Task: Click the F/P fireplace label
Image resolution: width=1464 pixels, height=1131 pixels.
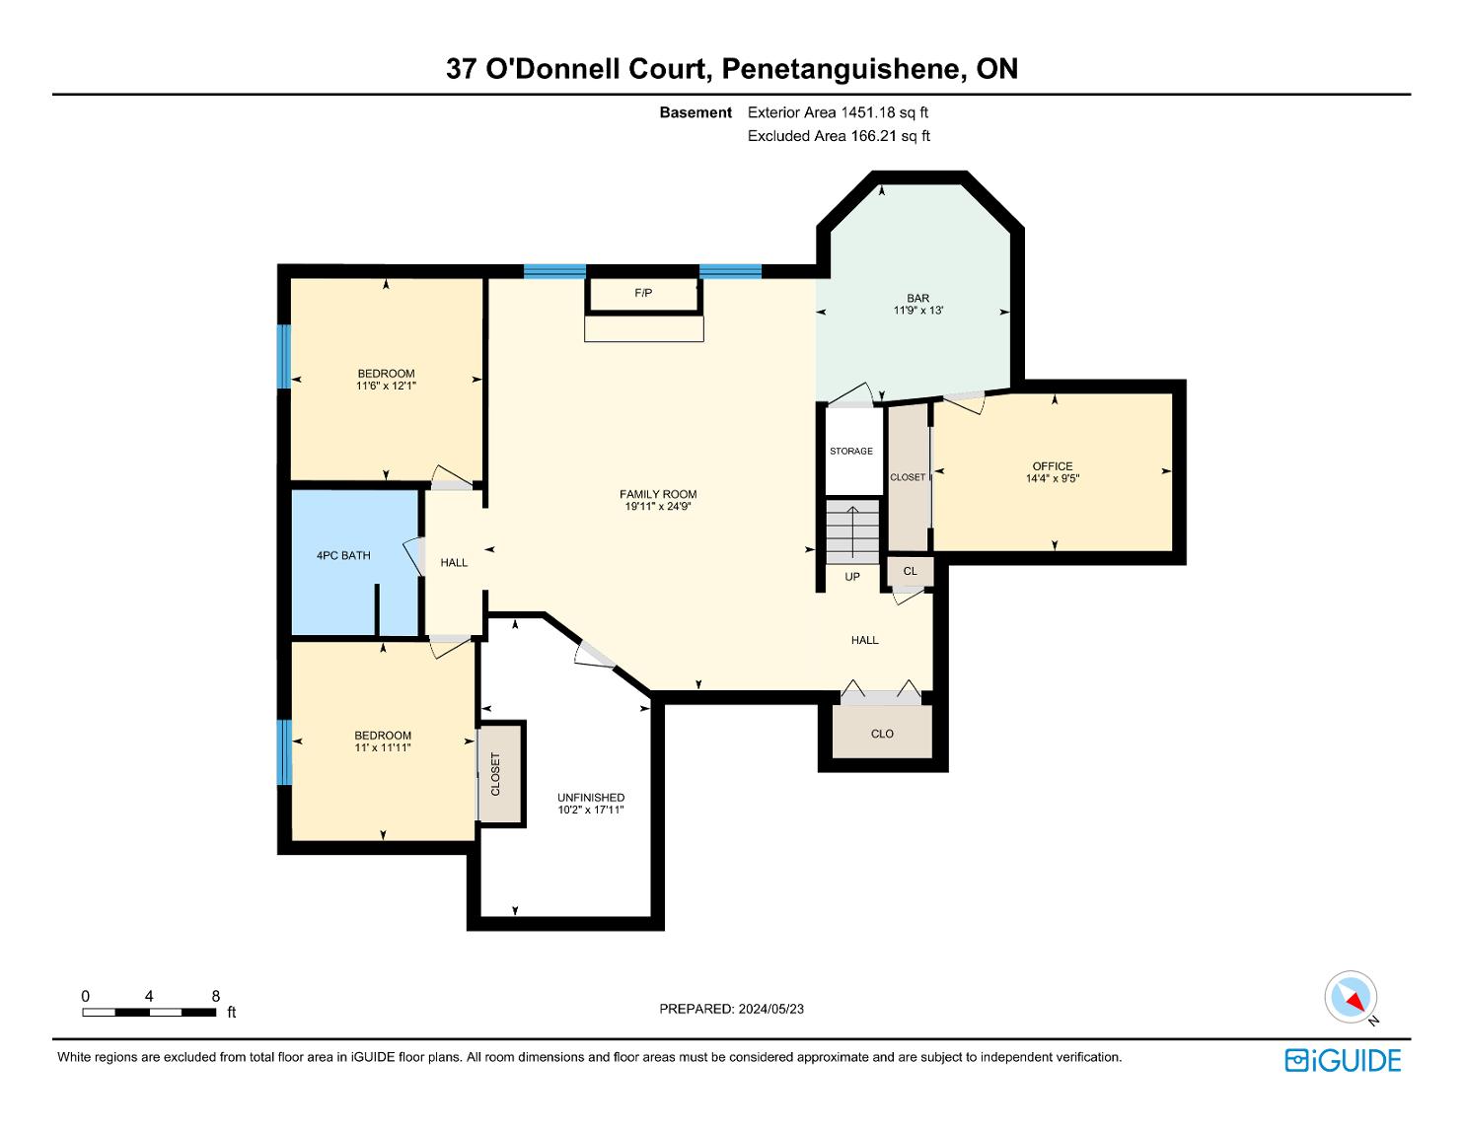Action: point(643,293)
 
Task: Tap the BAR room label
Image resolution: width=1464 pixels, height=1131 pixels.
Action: point(917,298)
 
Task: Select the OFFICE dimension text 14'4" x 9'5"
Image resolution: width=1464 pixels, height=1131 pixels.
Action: point(1053,478)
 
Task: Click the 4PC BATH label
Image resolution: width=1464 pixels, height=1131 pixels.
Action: point(343,555)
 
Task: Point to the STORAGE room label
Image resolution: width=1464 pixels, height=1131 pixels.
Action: point(851,451)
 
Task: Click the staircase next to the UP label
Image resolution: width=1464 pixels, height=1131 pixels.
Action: point(852,531)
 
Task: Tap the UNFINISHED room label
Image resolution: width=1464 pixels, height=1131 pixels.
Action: point(591,798)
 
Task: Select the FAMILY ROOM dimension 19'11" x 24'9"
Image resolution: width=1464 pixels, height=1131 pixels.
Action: point(658,506)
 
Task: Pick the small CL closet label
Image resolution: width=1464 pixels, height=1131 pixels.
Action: point(911,571)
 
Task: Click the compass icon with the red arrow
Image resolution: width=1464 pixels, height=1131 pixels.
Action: point(1351,997)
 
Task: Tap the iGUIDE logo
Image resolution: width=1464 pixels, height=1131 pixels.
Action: point(1343,1061)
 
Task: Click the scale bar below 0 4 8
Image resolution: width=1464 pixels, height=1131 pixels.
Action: point(149,1012)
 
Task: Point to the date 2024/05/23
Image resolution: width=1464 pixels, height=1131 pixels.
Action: point(770,1009)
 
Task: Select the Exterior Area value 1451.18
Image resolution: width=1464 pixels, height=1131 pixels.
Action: point(868,112)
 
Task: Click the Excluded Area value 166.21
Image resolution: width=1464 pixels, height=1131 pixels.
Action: point(874,136)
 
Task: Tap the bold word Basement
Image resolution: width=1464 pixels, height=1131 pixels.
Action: point(695,112)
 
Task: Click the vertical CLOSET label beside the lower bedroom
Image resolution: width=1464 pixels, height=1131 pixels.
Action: point(496,774)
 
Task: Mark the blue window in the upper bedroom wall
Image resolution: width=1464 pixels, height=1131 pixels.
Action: point(284,357)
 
